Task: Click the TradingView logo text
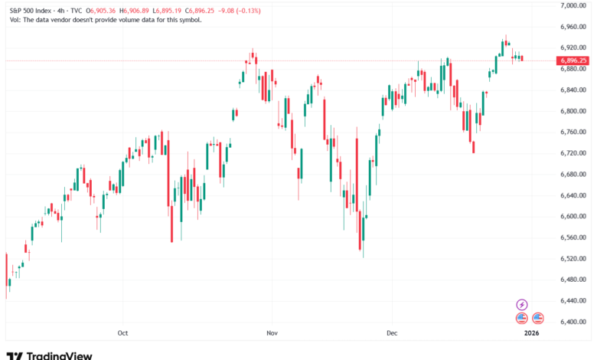point(59,355)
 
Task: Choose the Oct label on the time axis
point(122,333)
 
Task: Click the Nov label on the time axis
point(270,333)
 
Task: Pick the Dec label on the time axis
point(392,333)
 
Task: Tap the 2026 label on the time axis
point(530,333)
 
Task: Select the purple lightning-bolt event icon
point(522,304)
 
